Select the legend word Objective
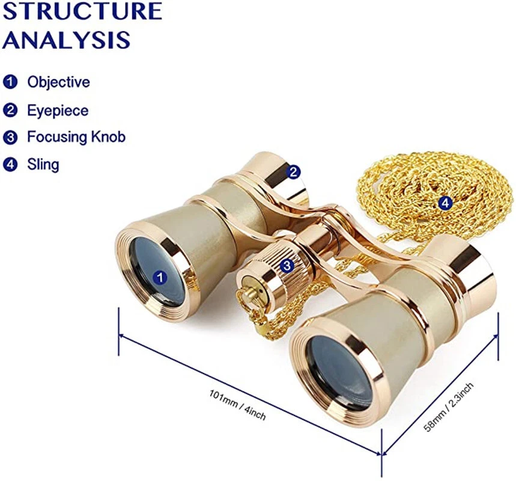click(58, 82)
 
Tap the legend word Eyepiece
click(58, 111)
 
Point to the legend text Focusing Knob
click(76, 137)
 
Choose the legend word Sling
click(43, 164)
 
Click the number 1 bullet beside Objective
click(10, 82)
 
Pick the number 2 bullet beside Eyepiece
click(10, 111)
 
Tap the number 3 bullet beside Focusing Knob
click(10, 137)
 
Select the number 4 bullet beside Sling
click(10, 164)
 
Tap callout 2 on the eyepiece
click(293, 172)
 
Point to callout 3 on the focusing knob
click(287, 264)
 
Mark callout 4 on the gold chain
click(445, 203)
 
